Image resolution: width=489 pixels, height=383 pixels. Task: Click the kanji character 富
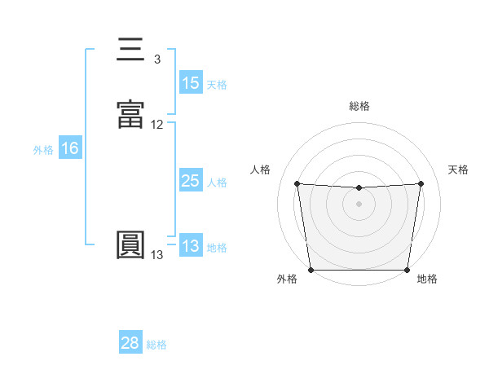[131, 115]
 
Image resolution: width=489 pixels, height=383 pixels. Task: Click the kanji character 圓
[131, 245]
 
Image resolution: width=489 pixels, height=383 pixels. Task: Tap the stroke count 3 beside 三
[157, 59]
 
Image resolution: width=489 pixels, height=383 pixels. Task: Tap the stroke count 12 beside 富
[157, 125]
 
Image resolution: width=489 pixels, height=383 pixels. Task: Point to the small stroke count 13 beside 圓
[157, 255]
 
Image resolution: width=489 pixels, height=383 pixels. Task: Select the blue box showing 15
[191, 83]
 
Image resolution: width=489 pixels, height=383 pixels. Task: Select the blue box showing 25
[191, 181]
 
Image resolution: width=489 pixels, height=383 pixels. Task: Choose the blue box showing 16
[69, 148]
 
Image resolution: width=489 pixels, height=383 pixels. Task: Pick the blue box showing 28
[130, 343]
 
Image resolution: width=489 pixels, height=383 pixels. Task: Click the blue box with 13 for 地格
[191, 246]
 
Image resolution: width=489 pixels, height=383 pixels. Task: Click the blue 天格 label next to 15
[217, 84]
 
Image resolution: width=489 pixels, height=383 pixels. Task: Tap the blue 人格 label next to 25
[217, 182]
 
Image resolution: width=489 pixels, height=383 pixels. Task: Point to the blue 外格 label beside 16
[43, 149]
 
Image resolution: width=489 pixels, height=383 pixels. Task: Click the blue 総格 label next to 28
[156, 344]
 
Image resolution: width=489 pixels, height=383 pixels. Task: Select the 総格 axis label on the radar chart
[359, 106]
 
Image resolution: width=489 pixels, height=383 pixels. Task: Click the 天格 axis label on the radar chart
[459, 169]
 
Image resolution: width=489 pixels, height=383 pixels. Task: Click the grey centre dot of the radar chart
[359, 204]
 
